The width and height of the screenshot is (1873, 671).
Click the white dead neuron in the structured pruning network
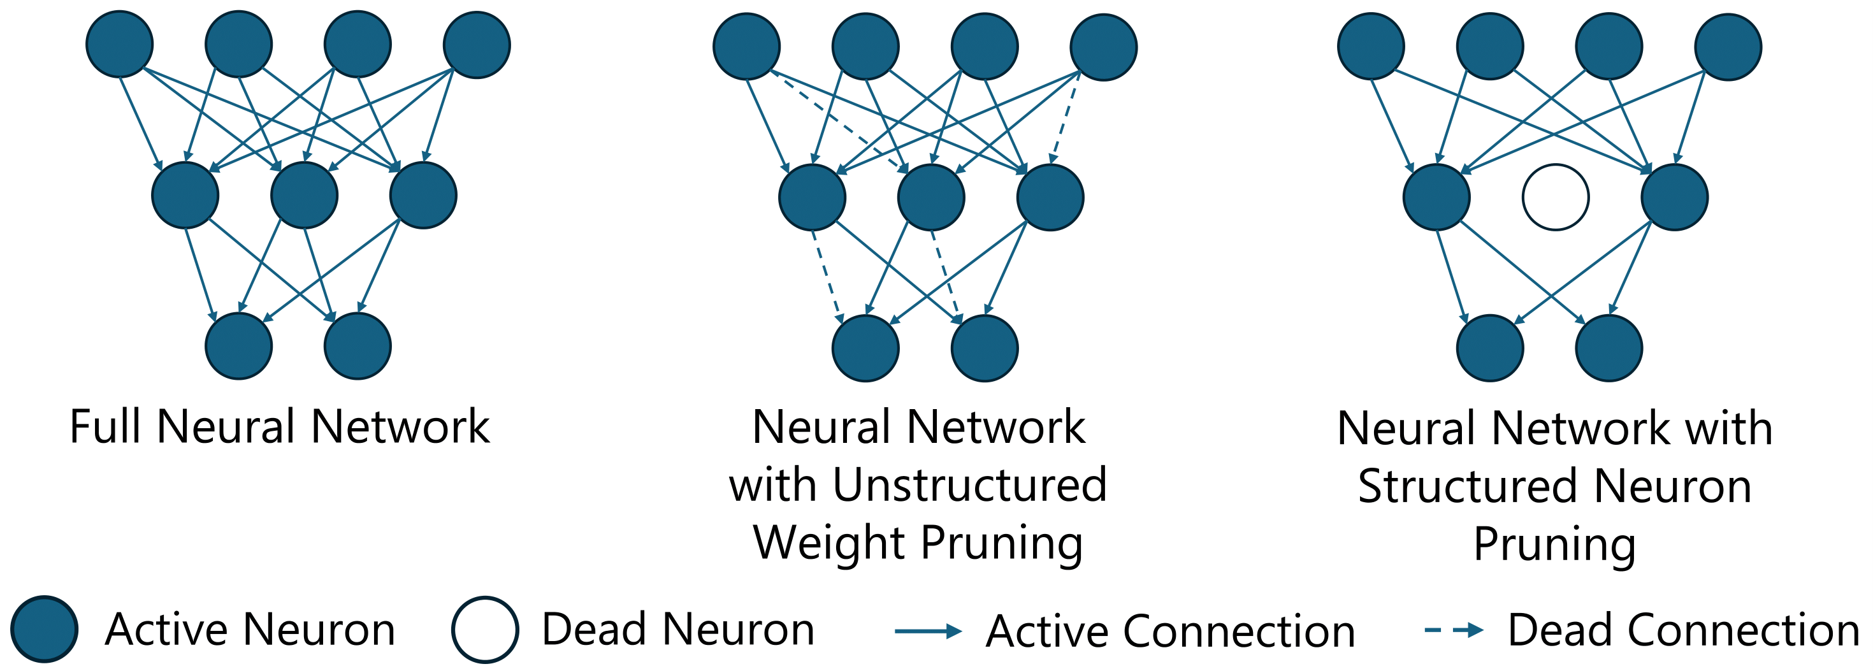pos(1555,197)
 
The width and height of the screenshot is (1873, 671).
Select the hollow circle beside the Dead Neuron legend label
pos(485,630)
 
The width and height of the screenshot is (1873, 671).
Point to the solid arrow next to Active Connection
pos(928,631)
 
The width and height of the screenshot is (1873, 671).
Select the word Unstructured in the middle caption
pos(969,486)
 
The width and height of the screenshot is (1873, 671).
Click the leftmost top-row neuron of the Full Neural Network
pos(119,43)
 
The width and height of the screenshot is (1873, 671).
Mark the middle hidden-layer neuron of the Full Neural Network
pos(304,195)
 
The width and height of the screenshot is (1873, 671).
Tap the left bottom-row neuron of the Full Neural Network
pos(238,346)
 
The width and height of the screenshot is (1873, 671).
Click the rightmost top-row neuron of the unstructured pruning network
pos(1104,47)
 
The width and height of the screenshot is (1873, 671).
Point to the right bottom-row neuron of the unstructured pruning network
pos(985,347)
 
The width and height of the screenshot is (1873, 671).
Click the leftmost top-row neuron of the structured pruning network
pos(1371,46)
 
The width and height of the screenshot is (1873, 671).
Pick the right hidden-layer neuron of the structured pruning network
pos(1675,197)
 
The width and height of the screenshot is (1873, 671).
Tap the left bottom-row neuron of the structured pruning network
pos(1490,347)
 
